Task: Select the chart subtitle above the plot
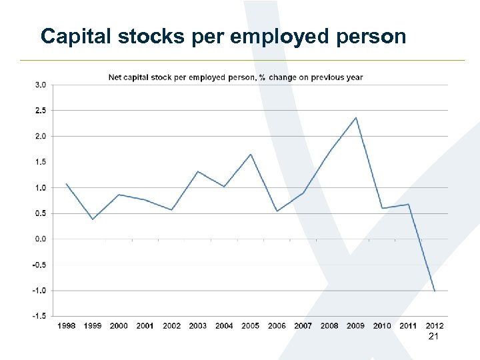[236, 77]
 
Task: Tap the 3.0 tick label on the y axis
[41, 85]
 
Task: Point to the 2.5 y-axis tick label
[41, 110]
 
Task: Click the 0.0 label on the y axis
[41, 239]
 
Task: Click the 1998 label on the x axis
[67, 326]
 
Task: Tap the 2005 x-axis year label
[250, 326]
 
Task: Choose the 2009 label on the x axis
[355, 326]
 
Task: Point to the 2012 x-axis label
[434, 326]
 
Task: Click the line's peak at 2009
[356, 117]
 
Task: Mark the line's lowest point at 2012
[435, 291]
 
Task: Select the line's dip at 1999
[93, 219]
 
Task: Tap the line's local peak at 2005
[251, 154]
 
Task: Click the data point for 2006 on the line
[277, 211]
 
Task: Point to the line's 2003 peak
[198, 171]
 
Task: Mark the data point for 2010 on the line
[382, 208]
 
